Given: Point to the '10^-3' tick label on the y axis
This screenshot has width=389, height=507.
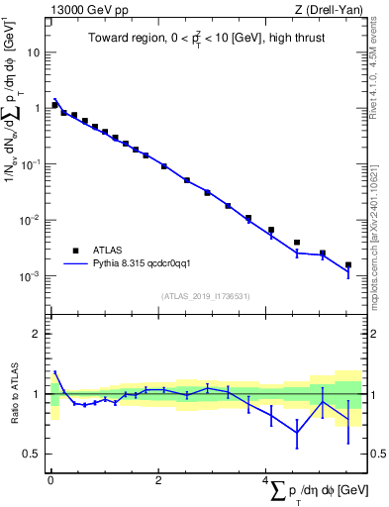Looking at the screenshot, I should pyautogui.click(x=31, y=276).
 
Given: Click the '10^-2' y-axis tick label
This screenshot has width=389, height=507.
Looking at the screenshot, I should pyautogui.click(x=31, y=220).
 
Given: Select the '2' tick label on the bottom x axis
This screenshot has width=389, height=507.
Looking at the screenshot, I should pyautogui.click(x=158, y=480).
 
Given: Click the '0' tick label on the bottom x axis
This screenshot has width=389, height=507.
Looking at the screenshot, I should pyautogui.click(x=50, y=480).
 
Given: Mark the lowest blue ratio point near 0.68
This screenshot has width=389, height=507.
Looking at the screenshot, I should pyautogui.click(x=297, y=433).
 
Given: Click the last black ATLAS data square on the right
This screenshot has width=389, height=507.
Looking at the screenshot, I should pyautogui.click(x=348, y=265).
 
